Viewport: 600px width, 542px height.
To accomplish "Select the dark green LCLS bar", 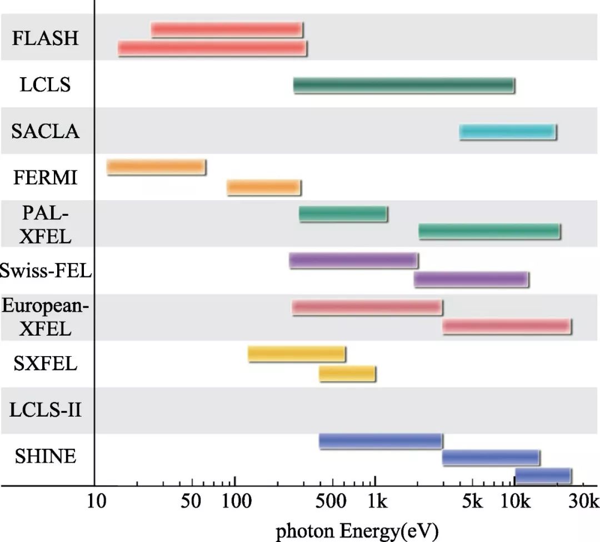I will pyautogui.click(x=404, y=85).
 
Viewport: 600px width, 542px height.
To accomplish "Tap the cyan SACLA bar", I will pyautogui.click(x=508, y=132).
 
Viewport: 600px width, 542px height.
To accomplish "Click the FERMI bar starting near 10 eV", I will pyautogui.click(x=156, y=168).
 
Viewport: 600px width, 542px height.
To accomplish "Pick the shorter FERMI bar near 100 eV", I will pyautogui.click(x=264, y=188).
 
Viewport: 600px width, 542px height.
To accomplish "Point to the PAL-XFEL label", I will pyautogui.click(x=46, y=224).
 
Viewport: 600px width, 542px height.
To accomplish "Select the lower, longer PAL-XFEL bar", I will pyautogui.click(x=489, y=232).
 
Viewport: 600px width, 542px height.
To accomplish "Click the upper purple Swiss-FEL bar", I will pyautogui.click(x=353, y=261).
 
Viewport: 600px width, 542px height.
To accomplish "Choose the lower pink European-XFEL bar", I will pyautogui.click(x=507, y=327).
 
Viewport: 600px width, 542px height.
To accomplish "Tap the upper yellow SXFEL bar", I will pyautogui.click(x=297, y=354).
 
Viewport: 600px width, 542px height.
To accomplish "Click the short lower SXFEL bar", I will pyautogui.click(x=347, y=374).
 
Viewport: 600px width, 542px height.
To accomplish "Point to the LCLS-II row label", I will pyautogui.click(x=46, y=411).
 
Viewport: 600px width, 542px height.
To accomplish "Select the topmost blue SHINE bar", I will pyautogui.click(x=381, y=441).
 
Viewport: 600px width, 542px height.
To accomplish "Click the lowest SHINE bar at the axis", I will pyautogui.click(x=543, y=476).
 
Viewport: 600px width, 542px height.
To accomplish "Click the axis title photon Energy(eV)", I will pyautogui.click(x=357, y=531).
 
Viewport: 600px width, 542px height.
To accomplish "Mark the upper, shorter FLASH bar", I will pyautogui.click(x=227, y=29).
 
